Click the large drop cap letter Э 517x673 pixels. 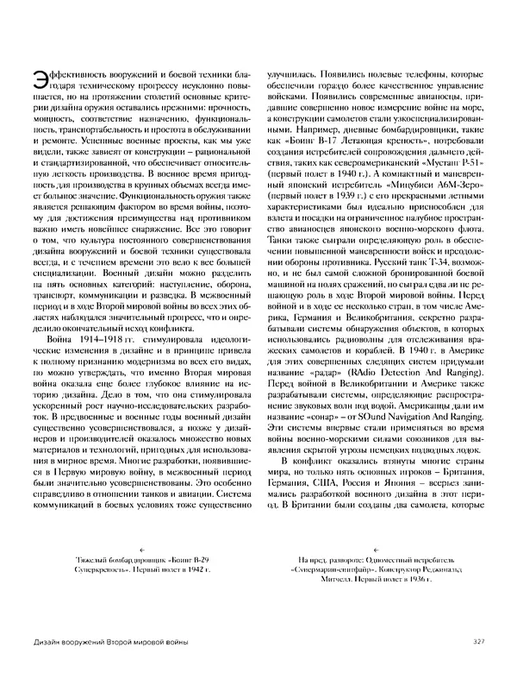tap(35, 79)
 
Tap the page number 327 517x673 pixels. tap(481, 639)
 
